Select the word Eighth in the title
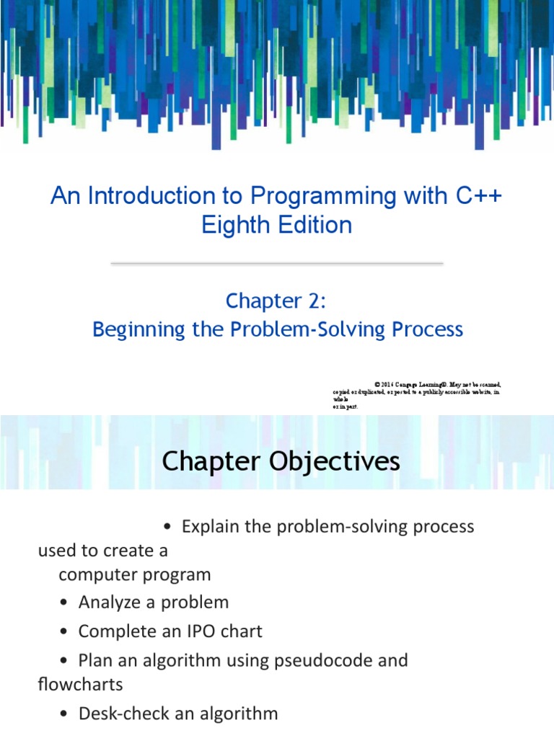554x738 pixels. (234, 225)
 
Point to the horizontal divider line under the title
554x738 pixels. (277, 264)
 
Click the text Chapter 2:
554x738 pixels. (277, 301)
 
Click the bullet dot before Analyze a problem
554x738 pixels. (65, 603)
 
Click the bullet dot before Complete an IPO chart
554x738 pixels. (65, 632)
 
